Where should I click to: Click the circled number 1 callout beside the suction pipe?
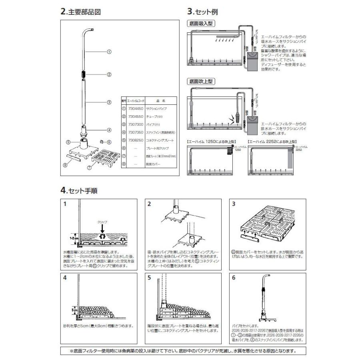click(109, 52)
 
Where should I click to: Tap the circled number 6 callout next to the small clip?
click(109, 142)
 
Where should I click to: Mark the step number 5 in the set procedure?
click(150, 277)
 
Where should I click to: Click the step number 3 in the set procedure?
click(234, 204)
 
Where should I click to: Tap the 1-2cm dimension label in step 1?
click(74, 237)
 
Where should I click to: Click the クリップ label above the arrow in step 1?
click(102, 221)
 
